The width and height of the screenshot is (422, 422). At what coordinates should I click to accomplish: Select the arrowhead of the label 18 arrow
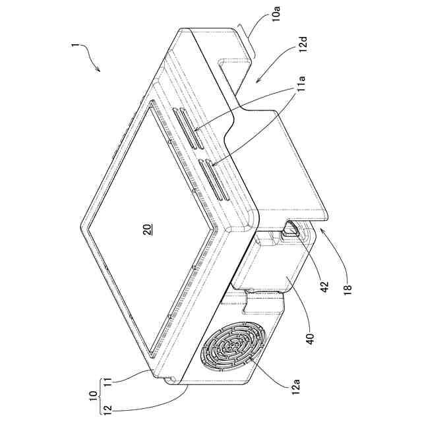click(x=320, y=226)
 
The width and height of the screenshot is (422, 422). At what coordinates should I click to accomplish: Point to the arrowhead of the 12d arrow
click(x=256, y=82)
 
